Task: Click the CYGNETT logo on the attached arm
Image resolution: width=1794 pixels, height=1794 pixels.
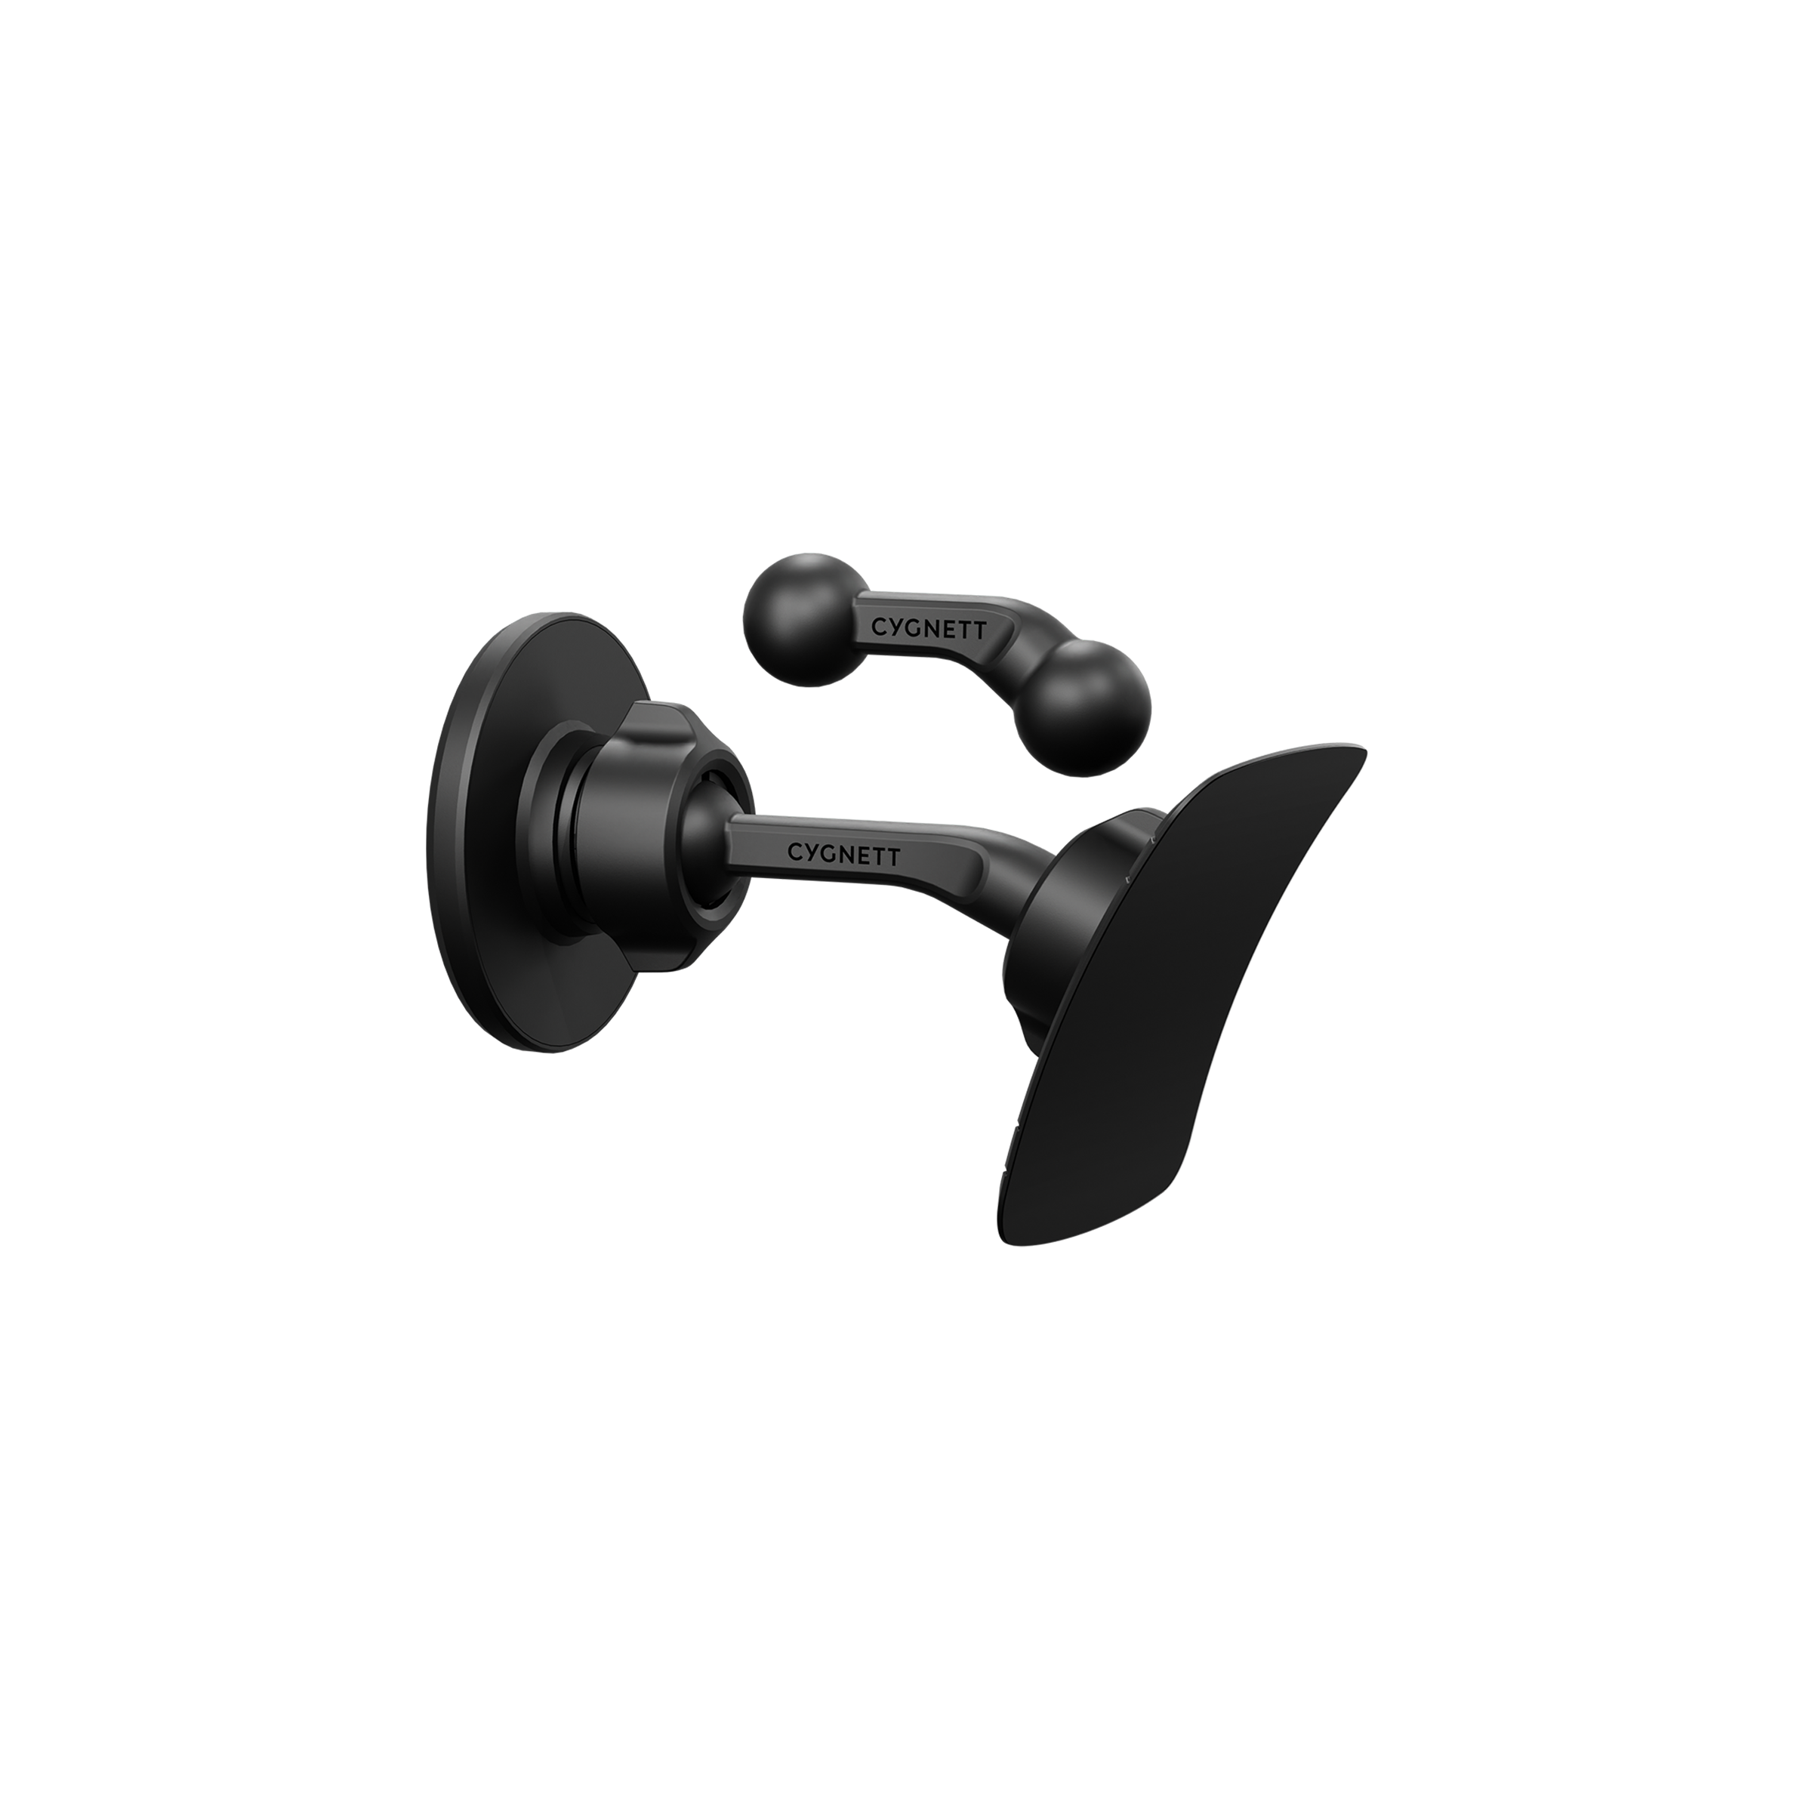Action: point(843,852)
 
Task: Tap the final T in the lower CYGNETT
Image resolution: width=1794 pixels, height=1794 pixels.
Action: point(893,858)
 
